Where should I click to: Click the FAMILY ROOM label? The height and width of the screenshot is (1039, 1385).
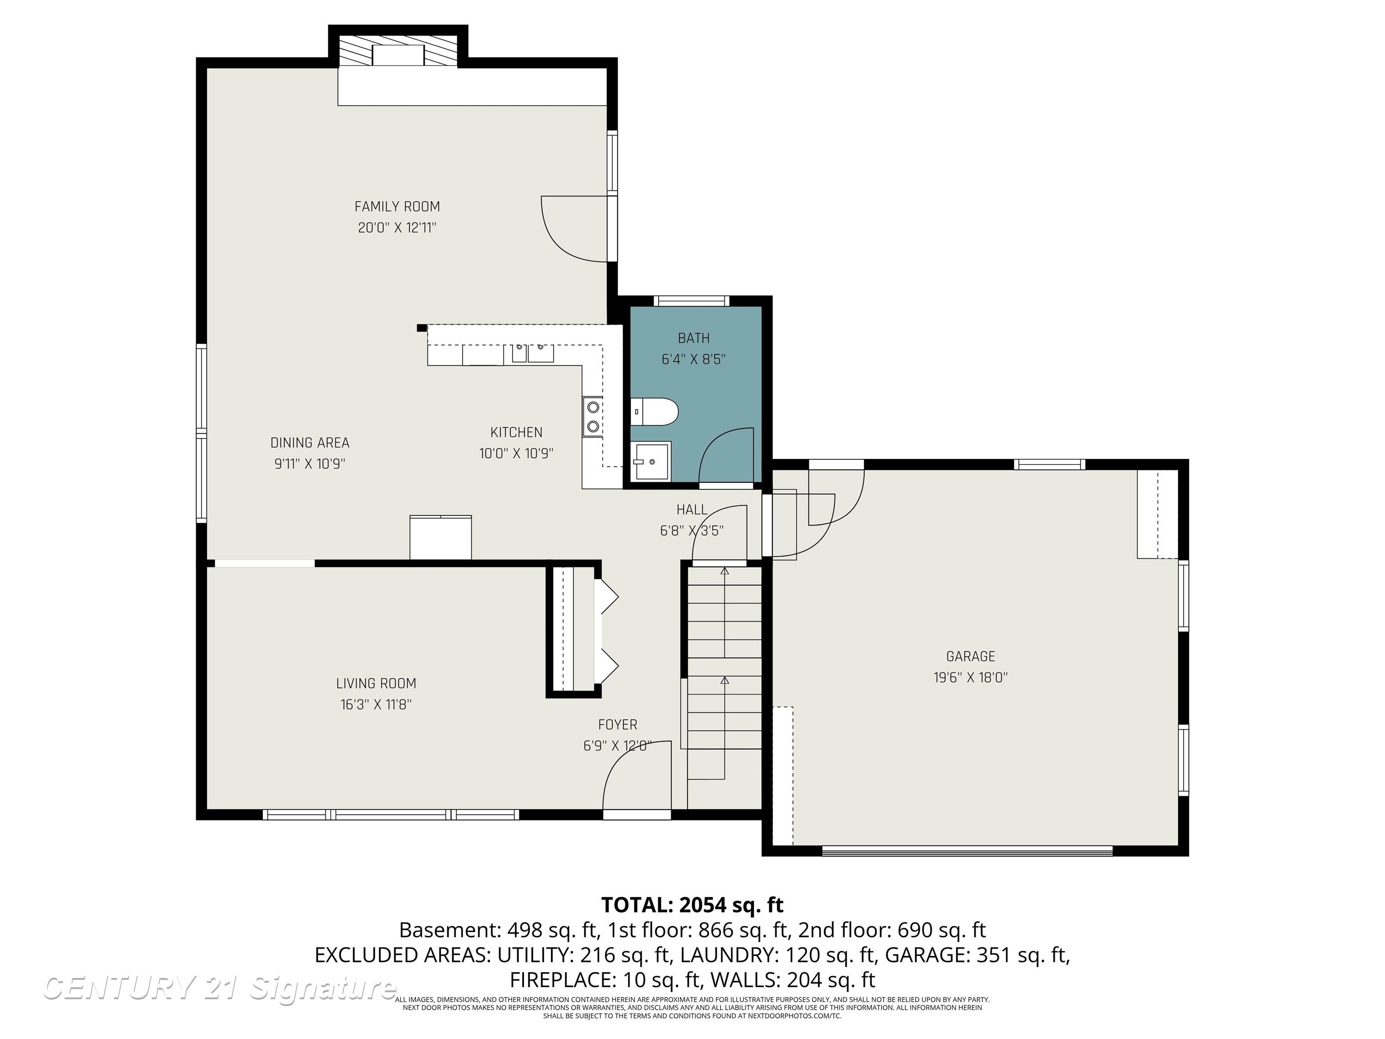(x=397, y=207)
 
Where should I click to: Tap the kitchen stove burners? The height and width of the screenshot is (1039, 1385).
(x=592, y=417)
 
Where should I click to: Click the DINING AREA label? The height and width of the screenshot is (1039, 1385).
(x=309, y=443)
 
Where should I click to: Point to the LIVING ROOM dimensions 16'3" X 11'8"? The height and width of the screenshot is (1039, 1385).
(x=376, y=704)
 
